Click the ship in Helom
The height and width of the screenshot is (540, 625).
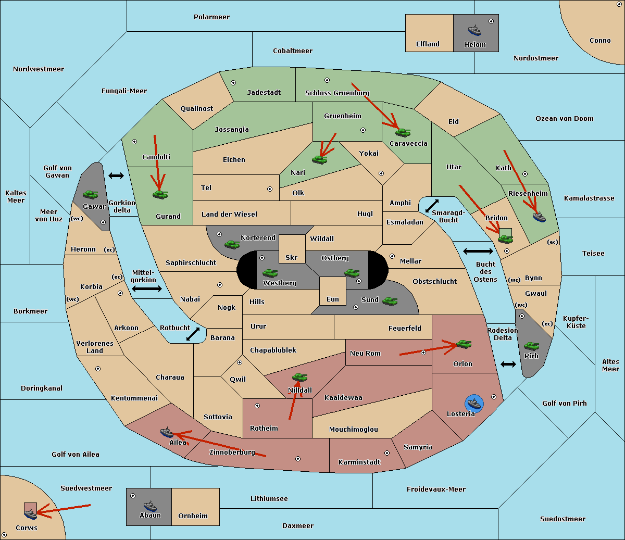click(x=474, y=30)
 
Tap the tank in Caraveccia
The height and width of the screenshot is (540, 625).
click(x=403, y=132)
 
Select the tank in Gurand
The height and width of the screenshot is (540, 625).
click(x=160, y=194)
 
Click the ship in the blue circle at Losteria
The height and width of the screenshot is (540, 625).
click(x=474, y=403)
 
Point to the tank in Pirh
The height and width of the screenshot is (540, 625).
click(x=531, y=346)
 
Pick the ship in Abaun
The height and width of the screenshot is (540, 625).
click(x=150, y=506)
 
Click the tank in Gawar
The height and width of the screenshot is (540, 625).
click(x=90, y=194)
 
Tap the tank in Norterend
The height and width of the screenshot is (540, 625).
click(x=232, y=244)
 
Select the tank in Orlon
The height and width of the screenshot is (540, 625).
click(x=463, y=344)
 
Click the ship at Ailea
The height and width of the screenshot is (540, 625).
click(x=167, y=432)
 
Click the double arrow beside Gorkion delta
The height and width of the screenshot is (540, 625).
click(x=116, y=175)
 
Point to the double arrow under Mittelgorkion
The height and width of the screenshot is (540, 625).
click(x=147, y=288)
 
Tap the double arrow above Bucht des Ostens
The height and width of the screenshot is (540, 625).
click(x=478, y=252)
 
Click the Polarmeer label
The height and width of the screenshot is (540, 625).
click(x=211, y=17)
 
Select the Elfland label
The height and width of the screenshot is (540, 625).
click(x=428, y=44)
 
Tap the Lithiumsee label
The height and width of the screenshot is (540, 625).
click(x=269, y=498)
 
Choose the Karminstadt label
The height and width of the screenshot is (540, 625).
click(x=359, y=462)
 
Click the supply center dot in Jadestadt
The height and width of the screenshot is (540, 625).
click(x=233, y=82)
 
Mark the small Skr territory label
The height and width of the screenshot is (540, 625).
click(x=292, y=257)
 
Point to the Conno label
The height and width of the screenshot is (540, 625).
click(x=600, y=40)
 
